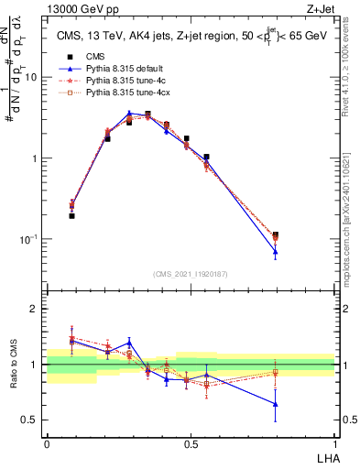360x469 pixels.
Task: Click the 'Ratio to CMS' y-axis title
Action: [14, 365]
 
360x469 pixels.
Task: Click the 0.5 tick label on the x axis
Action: [191, 442]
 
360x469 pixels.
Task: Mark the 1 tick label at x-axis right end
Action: [334, 442]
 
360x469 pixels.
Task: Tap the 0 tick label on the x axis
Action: [47, 442]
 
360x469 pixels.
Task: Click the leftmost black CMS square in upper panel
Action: [71, 216]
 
